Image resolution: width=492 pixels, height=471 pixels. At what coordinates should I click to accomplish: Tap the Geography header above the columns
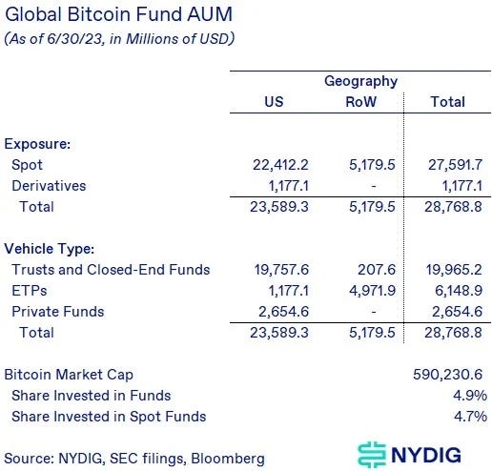pyautogui.click(x=360, y=81)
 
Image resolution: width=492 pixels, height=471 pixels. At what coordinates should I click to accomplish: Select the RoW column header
pyautogui.click(x=360, y=101)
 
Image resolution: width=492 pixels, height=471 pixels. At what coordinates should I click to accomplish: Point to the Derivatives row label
pyautogui.click(x=49, y=186)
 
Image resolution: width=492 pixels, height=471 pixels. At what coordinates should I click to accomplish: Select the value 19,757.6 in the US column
pyautogui.click(x=277, y=270)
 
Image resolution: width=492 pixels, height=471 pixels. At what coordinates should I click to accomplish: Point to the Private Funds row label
pyautogui.click(x=57, y=312)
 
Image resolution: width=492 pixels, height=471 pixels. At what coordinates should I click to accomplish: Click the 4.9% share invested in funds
pyautogui.click(x=471, y=396)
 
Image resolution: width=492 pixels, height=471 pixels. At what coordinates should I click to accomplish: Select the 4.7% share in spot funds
pyautogui.click(x=471, y=416)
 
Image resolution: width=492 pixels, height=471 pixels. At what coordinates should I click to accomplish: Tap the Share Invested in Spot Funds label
pyautogui.click(x=108, y=416)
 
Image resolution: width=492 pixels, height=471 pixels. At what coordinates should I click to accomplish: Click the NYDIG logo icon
pyautogui.click(x=373, y=453)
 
